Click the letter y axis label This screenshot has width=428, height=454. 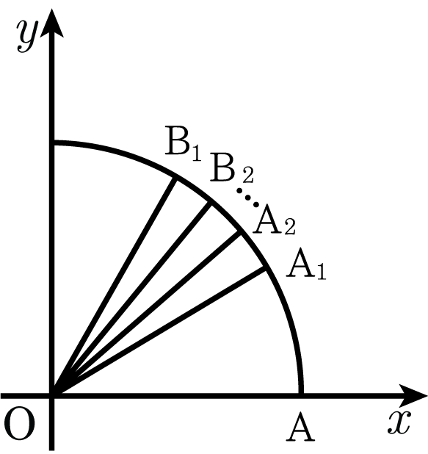click(x=27, y=37)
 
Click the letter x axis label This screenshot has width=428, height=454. click(x=399, y=422)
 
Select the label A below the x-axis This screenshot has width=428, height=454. click(x=300, y=427)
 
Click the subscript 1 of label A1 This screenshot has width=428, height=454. click(x=322, y=272)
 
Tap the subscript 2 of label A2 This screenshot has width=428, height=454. click(x=289, y=227)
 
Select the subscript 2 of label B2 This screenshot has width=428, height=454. click(x=247, y=175)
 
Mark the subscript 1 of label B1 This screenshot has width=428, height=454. click(x=197, y=152)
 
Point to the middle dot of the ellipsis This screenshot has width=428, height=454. click(x=247, y=198)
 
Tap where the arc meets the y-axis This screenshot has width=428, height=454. click(x=52, y=143)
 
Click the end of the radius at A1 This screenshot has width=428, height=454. click(x=265, y=267)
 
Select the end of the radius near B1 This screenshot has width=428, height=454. click(x=175, y=178)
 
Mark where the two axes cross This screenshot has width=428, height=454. click(x=52, y=396)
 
